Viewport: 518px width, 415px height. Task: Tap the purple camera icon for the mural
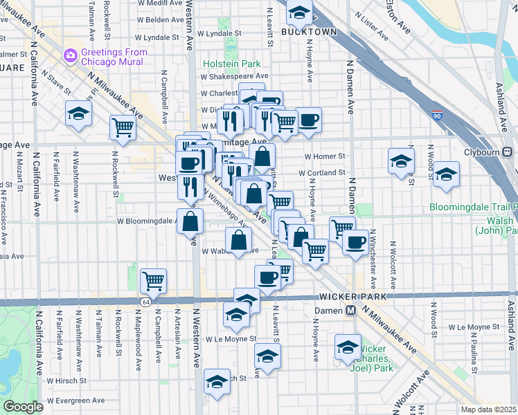69,55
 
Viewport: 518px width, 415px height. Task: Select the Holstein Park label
231,64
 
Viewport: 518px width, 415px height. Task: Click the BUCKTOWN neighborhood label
309,32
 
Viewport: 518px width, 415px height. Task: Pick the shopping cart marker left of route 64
153,281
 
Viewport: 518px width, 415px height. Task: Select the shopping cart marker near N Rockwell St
123,127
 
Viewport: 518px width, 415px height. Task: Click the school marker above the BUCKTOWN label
299,12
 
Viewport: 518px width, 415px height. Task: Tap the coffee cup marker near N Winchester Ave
355,243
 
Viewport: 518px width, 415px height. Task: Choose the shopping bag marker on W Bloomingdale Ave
190,222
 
